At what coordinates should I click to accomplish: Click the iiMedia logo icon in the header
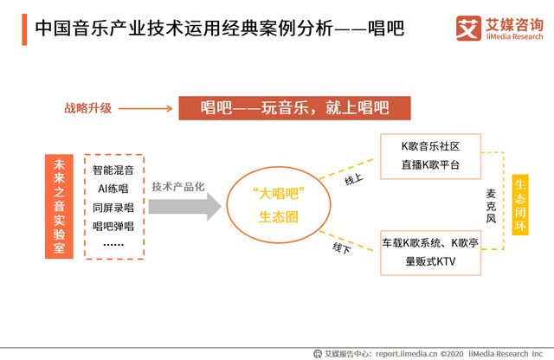pos(468,29)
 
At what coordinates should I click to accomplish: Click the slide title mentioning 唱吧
pos(219,29)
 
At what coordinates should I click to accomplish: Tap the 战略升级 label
pos(88,108)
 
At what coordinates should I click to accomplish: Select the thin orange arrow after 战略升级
pos(145,108)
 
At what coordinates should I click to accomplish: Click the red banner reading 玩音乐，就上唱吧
pos(294,108)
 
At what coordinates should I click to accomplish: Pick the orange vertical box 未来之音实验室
pos(59,206)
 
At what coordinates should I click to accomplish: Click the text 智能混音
pos(113,170)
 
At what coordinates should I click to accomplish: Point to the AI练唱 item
pos(113,189)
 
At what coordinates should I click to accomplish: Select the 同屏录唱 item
pos(113,208)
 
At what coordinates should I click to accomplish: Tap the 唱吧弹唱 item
pos(113,226)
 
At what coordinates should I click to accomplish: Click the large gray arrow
pos(184,206)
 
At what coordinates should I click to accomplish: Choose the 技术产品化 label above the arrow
pos(178,187)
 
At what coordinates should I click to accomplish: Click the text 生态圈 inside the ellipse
pos(279,217)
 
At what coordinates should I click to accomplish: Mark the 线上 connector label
pos(354,179)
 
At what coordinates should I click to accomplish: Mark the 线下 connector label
pos(342,248)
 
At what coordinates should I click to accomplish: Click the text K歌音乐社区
pos(430,146)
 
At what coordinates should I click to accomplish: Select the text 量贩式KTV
pos(430,261)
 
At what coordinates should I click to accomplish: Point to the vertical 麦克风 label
pos(491,206)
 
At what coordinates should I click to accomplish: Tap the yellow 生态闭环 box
pos(520,204)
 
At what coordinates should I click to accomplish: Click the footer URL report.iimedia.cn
pos(406,354)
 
